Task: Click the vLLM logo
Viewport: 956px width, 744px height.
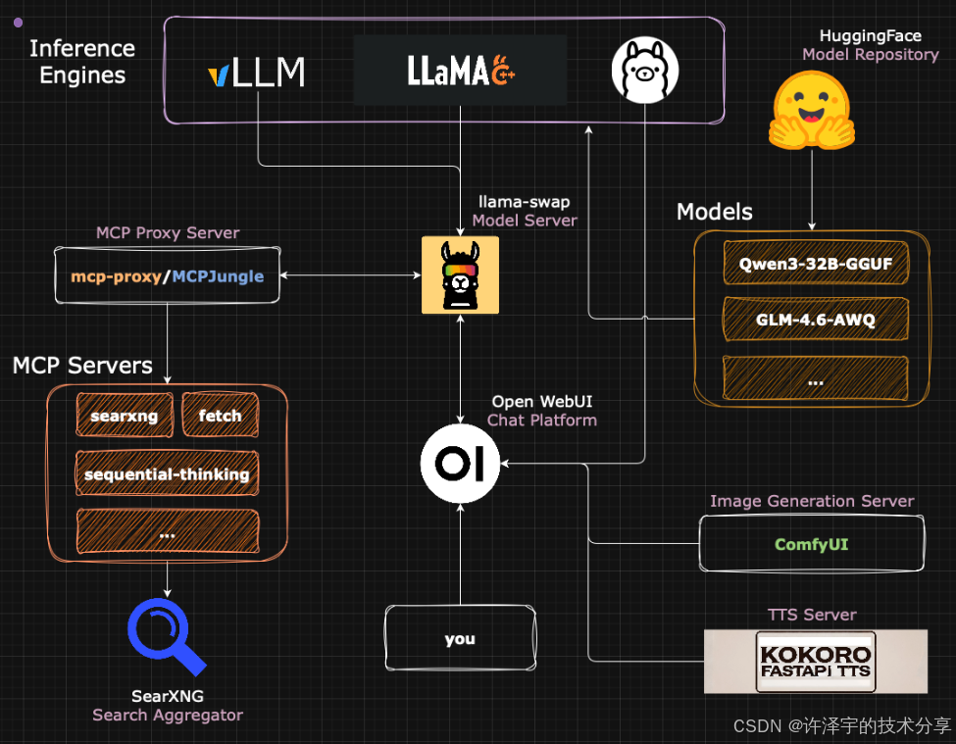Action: (257, 72)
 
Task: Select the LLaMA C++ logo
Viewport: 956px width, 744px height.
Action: (460, 70)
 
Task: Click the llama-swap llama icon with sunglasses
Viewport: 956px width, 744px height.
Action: (460, 274)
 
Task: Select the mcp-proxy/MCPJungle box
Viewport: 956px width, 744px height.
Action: (167, 276)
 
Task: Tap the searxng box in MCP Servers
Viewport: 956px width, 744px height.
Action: (125, 416)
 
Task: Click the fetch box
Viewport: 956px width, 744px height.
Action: (220, 416)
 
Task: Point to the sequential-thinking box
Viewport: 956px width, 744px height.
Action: (167, 474)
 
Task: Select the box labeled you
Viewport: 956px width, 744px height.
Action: (460, 639)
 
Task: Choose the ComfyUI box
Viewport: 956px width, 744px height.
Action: (811, 544)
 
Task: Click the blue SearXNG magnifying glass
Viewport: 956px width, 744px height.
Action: (166, 636)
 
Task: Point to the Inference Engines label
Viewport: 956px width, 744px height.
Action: (82, 62)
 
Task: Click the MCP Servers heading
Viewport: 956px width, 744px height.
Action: (82, 367)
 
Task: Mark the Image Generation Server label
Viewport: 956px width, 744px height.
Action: (811, 501)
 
